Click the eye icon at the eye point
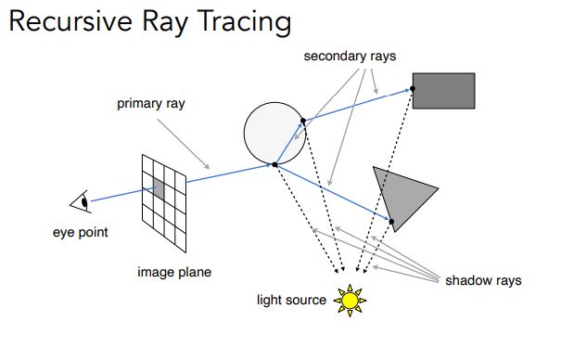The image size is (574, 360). pyautogui.click(x=81, y=201)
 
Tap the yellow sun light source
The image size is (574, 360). pyautogui.click(x=350, y=300)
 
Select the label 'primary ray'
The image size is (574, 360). pyautogui.click(x=150, y=103)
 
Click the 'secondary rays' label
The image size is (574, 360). pyautogui.click(x=350, y=56)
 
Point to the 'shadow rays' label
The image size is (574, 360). pyautogui.click(x=483, y=279)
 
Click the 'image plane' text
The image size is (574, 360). pyautogui.click(x=174, y=272)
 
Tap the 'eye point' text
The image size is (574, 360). pyautogui.click(x=80, y=232)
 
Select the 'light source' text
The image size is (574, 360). pyautogui.click(x=292, y=300)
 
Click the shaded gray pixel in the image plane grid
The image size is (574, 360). pyautogui.click(x=159, y=189)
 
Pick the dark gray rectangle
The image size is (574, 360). pyautogui.click(x=444, y=91)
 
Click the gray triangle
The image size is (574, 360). pyautogui.click(x=400, y=193)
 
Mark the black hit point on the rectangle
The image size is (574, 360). pyautogui.click(x=412, y=88)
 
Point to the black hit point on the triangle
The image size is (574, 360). pyautogui.click(x=392, y=220)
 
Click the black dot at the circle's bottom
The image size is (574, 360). pyautogui.click(x=274, y=164)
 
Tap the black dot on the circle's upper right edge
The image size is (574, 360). pyautogui.click(x=302, y=120)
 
